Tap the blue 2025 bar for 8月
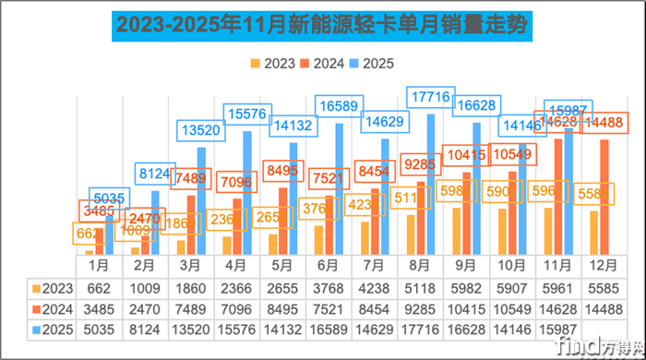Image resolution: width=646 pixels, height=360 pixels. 431,185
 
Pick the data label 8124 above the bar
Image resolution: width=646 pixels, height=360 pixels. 155,174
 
